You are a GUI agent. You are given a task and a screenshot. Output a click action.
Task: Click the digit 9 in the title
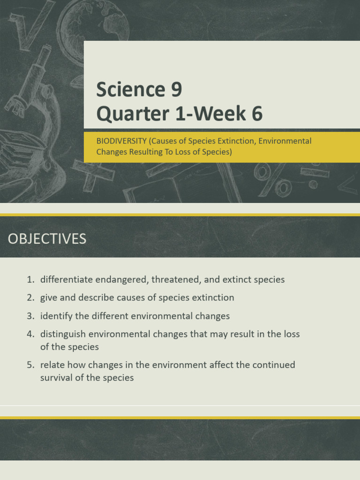[176, 89]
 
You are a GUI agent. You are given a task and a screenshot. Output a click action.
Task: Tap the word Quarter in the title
[133, 113]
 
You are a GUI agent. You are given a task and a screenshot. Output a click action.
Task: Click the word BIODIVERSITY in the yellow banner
[121, 141]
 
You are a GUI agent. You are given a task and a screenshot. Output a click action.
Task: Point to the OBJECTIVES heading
[47, 239]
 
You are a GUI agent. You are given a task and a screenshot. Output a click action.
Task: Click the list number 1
[30, 279]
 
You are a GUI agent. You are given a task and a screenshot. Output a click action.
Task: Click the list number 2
[30, 298]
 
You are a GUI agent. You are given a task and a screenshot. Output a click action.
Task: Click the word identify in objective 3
[56, 316]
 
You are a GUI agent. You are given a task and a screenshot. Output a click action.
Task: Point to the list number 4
[30, 334]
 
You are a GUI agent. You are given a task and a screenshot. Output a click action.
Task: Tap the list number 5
[30, 365]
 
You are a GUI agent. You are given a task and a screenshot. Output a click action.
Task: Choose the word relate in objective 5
[52, 365]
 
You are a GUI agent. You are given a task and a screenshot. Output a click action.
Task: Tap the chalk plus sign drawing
[92, 174]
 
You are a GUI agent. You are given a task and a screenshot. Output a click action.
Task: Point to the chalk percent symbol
[273, 179]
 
